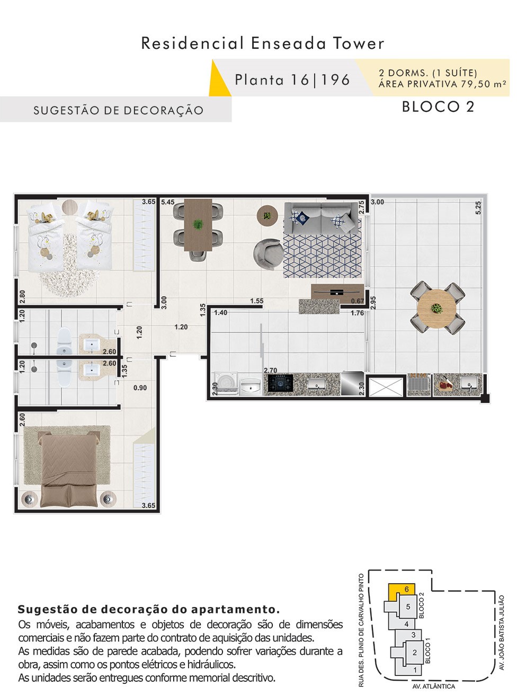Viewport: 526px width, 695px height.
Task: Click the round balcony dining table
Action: pyautogui.click(x=437, y=309)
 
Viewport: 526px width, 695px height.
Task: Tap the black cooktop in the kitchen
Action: pyautogui.click(x=281, y=383)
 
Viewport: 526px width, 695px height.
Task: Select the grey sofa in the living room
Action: pyautogui.click(x=322, y=218)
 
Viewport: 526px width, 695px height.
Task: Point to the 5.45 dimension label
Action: pyautogui.click(x=167, y=202)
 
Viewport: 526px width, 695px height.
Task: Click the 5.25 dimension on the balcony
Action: pyautogui.click(x=478, y=208)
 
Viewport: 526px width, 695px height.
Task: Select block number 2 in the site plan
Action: pyautogui.click(x=414, y=652)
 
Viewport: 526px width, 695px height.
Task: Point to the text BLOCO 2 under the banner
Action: pyautogui.click(x=438, y=107)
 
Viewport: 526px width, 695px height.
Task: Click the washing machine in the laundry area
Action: pyautogui.click(x=226, y=383)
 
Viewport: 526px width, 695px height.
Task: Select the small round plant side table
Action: pyautogui.click(x=268, y=216)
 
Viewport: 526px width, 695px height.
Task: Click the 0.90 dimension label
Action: pyautogui.click(x=140, y=388)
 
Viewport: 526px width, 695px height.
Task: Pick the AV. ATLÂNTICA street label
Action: pyautogui.click(x=434, y=687)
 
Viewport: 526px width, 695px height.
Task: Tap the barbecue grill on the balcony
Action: pyautogui.click(x=419, y=384)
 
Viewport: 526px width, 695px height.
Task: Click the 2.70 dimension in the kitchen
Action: pyautogui.click(x=271, y=370)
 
